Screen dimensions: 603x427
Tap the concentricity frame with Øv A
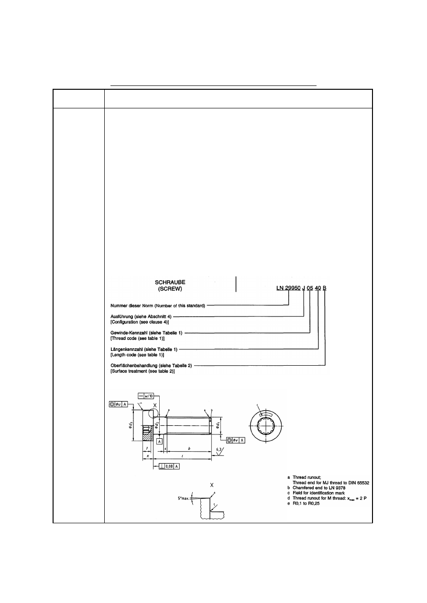coord(236,440)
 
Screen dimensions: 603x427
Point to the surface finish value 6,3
coord(219,450)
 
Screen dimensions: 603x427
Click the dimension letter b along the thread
coord(190,449)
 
